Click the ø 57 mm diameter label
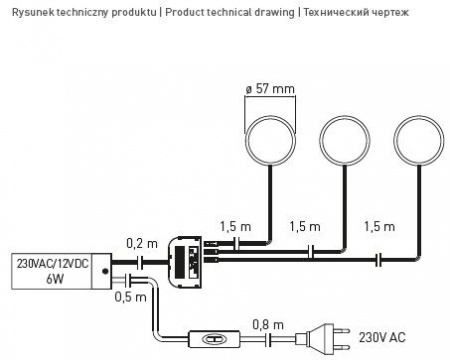[x=270, y=89]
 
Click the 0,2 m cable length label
[x=142, y=243]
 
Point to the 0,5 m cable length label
[x=130, y=297]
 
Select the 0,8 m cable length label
[x=268, y=324]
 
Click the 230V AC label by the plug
[x=382, y=337]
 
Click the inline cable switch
[x=214, y=339]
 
